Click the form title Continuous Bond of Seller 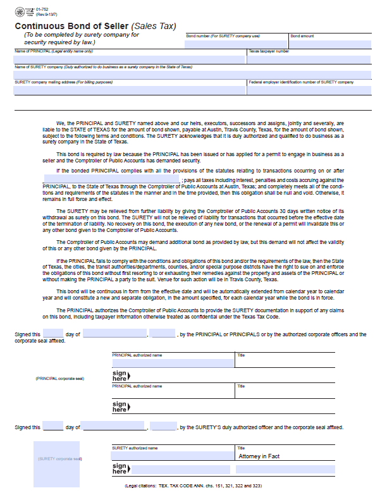pyautogui.click(x=71, y=26)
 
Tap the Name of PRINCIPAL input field pyautogui.click(x=130, y=59)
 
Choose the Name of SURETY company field pyautogui.click(x=193, y=75)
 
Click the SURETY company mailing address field pyautogui.click(x=130, y=90)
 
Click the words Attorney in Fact pyautogui.click(x=259, y=456)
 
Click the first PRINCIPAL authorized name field pyautogui.click(x=172, y=363)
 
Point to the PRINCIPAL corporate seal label pyautogui.click(x=60, y=378)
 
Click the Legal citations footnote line pyautogui.click(x=193, y=486)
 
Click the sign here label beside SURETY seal pyautogui.click(x=119, y=469)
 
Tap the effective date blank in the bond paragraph pyautogui.click(x=111, y=180)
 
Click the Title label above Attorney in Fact pyautogui.click(x=241, y=448)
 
